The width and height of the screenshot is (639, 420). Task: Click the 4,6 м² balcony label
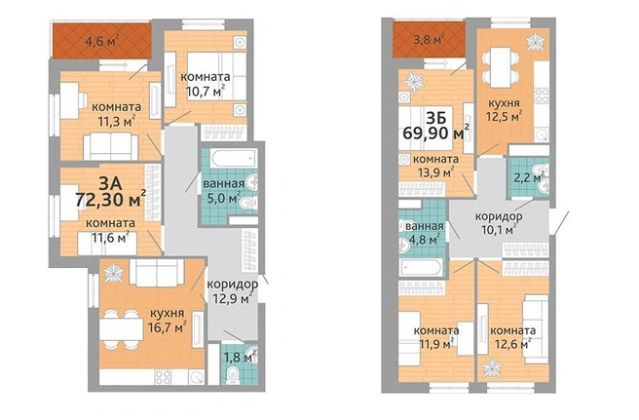point(102,41)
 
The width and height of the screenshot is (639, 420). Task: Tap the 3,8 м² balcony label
point(429,40)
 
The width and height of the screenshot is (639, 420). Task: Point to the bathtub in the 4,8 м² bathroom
point(421,268)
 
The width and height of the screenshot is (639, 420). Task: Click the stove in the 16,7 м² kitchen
point(163,377)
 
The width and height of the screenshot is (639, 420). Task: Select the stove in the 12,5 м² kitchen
point(542,95)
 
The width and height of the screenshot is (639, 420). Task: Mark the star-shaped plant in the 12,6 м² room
point(491,367)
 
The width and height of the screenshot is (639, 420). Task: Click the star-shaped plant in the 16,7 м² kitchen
point(113,273)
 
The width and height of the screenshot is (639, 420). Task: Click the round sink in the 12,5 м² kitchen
point(542,135)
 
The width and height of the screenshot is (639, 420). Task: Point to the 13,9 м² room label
point(436,166)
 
